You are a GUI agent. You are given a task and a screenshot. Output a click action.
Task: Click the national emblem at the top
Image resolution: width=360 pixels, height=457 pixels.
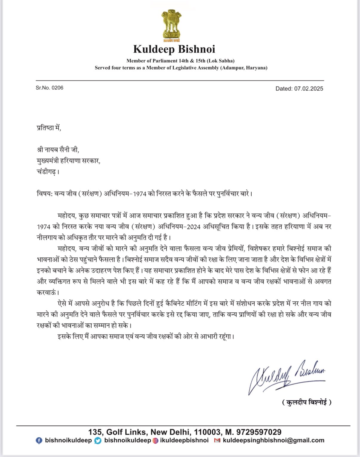[x=172, y=26]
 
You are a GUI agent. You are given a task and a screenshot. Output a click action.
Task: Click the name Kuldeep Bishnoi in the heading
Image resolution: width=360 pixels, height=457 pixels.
[x=174, y=49]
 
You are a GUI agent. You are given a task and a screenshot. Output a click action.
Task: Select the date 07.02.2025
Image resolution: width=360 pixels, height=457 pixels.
[x=309, y=89]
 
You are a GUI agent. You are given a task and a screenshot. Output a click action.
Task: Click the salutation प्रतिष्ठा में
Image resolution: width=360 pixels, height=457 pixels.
[x=49, y=128]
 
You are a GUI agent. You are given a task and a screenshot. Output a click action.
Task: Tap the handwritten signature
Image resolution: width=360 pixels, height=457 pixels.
[x=287, y=376]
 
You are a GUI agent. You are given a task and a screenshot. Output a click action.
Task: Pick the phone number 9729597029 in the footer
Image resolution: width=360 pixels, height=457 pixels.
[x=259, y=432]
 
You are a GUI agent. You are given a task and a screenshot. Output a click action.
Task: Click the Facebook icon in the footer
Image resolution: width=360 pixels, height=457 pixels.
[x=39, y=441]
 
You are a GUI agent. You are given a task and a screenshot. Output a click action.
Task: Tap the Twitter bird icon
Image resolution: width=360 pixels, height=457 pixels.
[x=98, y=441]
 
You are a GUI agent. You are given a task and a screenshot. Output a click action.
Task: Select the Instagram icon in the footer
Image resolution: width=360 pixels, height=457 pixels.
[x=156, y=441]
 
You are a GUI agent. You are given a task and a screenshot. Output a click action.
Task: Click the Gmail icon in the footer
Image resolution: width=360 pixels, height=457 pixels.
[x=217, y=441]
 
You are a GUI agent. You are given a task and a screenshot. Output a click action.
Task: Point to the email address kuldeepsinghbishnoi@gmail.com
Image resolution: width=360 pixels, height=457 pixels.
[x=273, y=440]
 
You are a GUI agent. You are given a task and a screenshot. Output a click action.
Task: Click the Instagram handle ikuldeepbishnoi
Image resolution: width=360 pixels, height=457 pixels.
[x=184, y=440]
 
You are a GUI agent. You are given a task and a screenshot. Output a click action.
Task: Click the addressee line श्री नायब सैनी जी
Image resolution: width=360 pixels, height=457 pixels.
[x=58, y=150]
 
